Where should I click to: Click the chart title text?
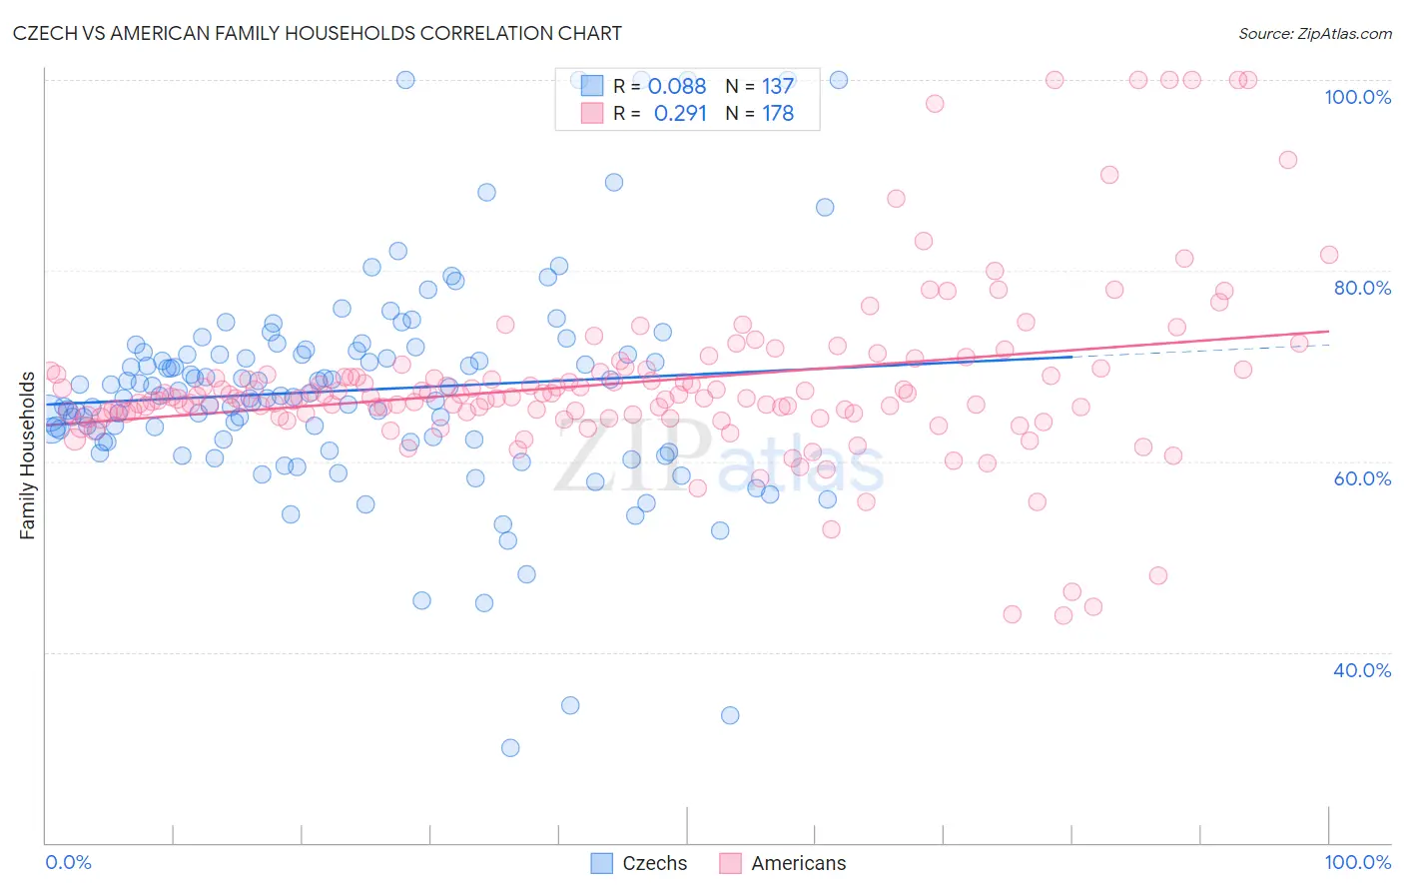317,33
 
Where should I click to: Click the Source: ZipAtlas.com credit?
1314,33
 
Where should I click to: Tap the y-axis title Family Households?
27,455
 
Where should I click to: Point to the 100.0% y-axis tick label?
1357,97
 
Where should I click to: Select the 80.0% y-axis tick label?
1362,288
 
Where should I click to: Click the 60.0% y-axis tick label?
1362,478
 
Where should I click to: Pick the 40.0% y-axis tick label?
1362,670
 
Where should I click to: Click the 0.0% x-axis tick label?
68,862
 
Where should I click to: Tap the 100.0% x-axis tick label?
1357,862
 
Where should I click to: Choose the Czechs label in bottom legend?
654,863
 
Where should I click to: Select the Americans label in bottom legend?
798,863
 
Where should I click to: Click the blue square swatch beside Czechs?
601,863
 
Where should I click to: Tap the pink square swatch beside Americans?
730,863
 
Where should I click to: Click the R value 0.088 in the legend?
677,87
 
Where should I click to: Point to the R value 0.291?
680,114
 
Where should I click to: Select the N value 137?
777,87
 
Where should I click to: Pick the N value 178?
777,114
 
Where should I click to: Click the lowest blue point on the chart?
510,748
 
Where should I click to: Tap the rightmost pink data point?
1329,255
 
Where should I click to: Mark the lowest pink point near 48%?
1158,575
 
